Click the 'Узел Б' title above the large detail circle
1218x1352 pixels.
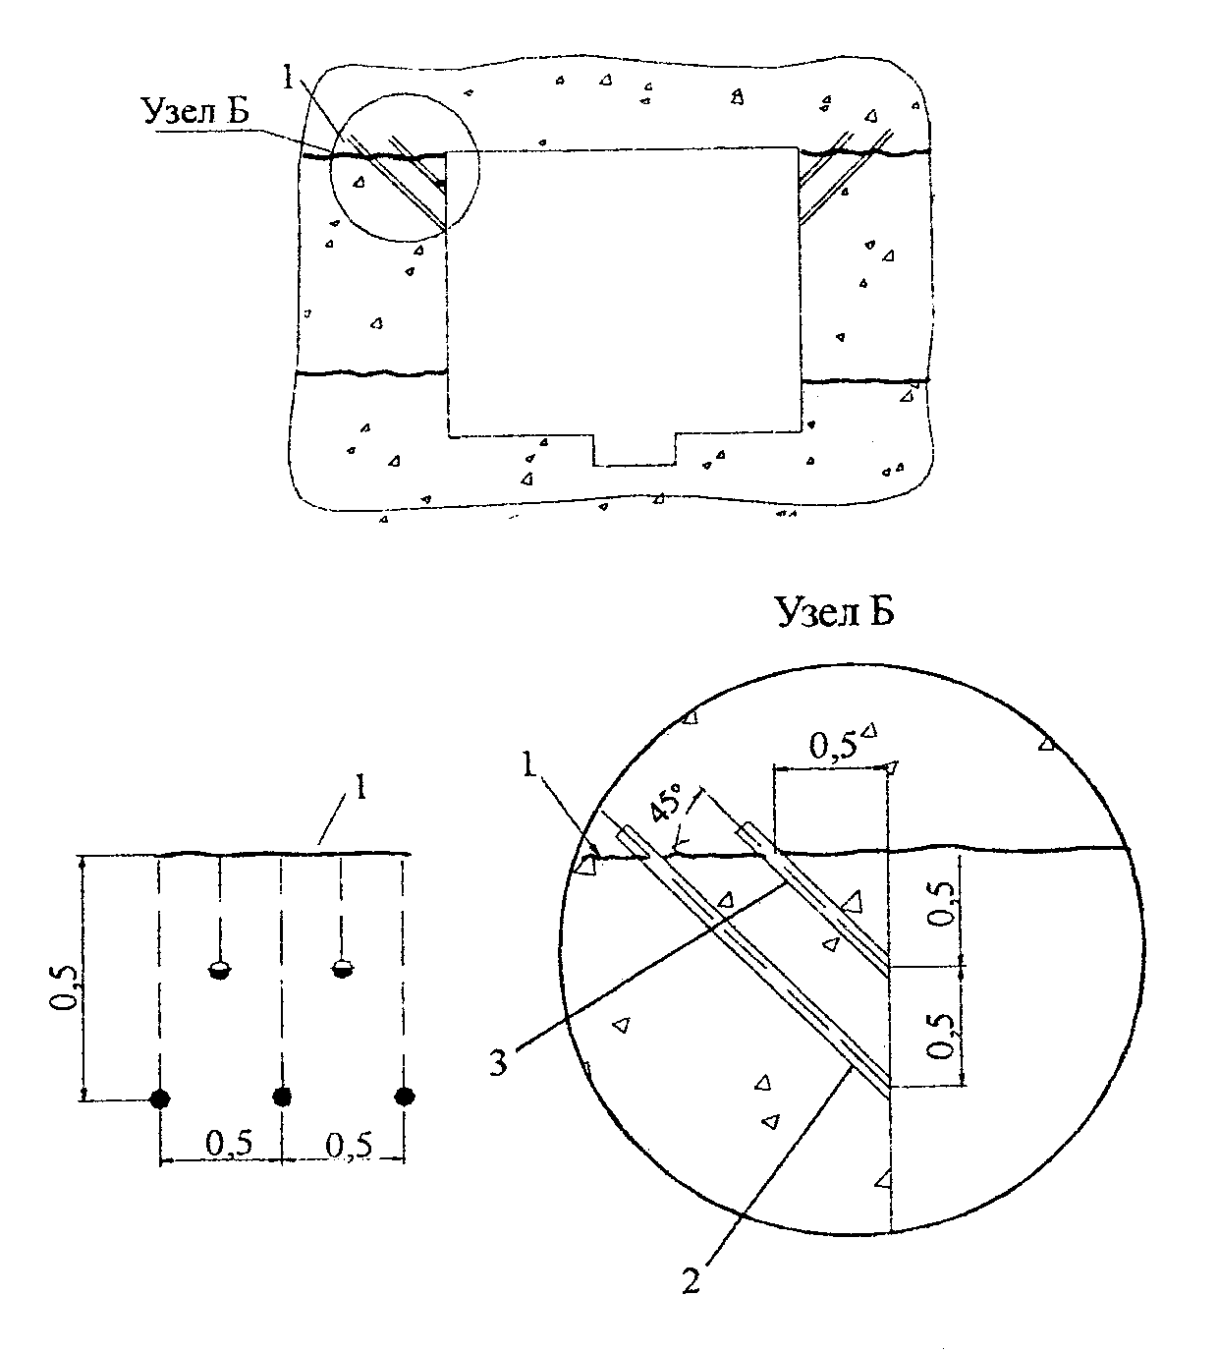[835, 611]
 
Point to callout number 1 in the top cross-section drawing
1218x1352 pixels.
[288, 79]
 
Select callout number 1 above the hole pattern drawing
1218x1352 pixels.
[361, 787]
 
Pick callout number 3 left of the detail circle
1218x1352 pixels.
[498, 1063]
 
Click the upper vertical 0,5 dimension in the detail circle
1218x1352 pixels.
[942, 905]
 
